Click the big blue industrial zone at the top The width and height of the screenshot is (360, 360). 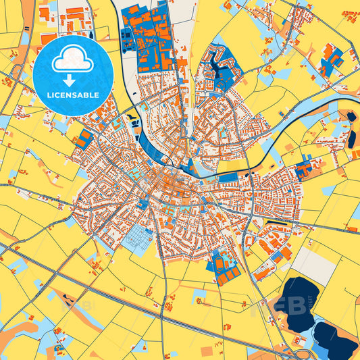tap(149, 37)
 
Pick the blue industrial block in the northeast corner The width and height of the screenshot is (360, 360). tap(331, 61)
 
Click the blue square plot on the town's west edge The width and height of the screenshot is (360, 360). tap(84, 139)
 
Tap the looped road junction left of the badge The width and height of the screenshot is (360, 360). tap(15, 70)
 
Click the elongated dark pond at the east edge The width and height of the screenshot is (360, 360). tap(351, 138)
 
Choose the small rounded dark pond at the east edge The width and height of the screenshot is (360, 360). tap(351, 117)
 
